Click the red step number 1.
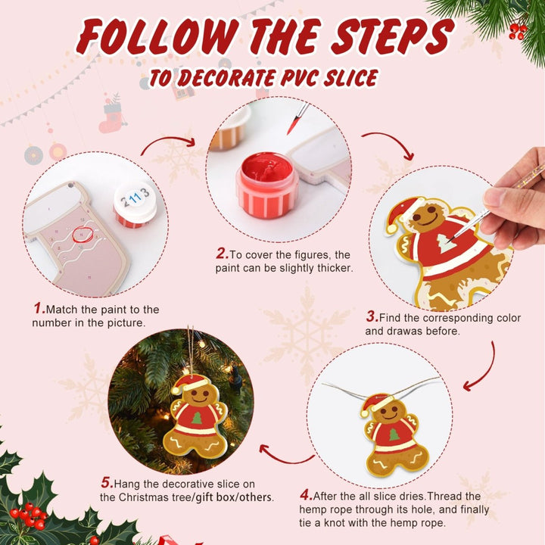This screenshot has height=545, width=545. pyautogui.click(x=39, y=309)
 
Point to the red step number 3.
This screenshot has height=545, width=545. pyautogui.click(x=372, y=318)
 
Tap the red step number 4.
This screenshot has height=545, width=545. pyautogui.click(x=306, y=496)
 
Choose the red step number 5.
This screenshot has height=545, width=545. pyautogui.click(x=107, y=483)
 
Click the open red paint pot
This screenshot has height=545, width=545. pyautogui.click(x=263, y=185)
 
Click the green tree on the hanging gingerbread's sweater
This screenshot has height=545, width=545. pyautogui.click(x=197, y=417)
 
